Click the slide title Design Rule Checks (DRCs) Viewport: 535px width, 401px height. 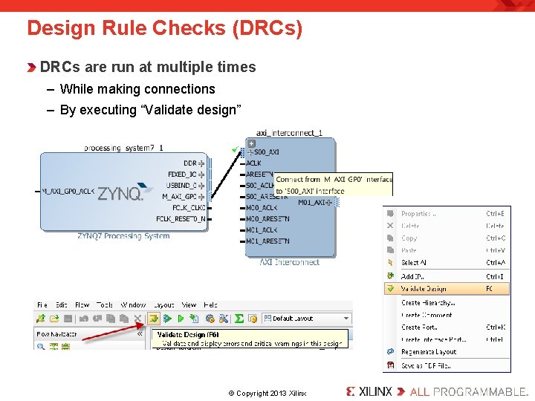pos(164,29)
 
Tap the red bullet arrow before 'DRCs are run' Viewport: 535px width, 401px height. pos(31,68)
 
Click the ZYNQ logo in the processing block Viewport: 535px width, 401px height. pos(120,193)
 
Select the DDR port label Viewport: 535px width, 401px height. pos(190,163)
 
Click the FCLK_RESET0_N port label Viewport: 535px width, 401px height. pos(181,219)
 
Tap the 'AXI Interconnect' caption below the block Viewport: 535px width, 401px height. pos(289,262)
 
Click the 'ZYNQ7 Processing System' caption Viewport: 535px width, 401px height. pos(123,236)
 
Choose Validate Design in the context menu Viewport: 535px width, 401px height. pos(424,289)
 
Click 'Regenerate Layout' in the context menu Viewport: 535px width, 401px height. pos(429,352)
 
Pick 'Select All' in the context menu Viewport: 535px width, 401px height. pos(413,263)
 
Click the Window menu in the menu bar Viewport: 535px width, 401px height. pos(133,304)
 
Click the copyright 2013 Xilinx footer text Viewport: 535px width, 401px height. pos(267,393)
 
